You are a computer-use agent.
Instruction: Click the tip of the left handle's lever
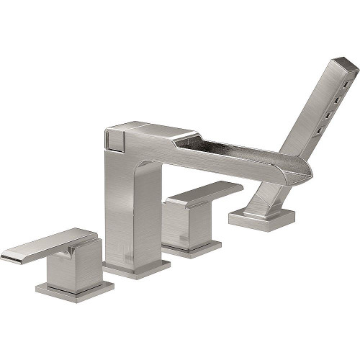9,257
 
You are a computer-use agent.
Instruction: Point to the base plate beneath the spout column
136,269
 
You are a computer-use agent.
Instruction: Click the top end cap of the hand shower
341,66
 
